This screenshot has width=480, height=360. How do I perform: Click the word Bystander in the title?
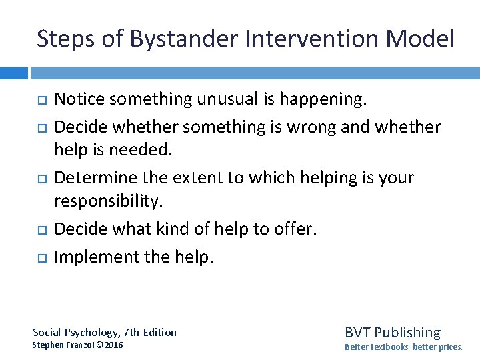click(183, 39)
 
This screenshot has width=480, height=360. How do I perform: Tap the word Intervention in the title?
click(312, 39)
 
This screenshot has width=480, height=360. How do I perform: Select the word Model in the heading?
click(420, 39)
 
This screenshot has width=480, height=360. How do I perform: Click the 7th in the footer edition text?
click(133, 332)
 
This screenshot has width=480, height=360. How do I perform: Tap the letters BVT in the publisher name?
click(357, 332)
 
